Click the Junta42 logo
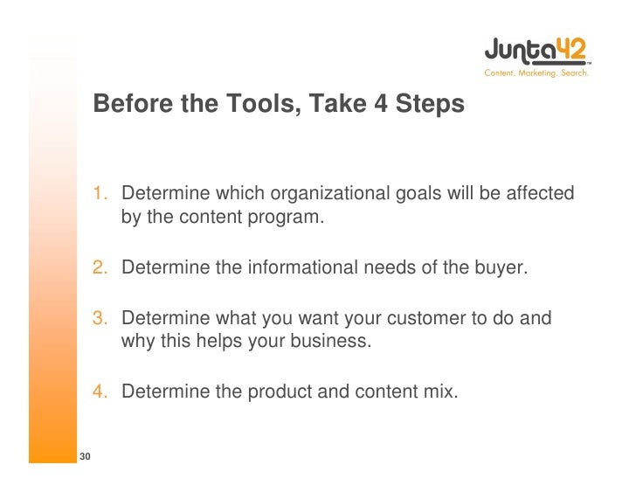(536, 51)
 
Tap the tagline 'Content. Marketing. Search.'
(536, 73)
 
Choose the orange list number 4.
(101, 392)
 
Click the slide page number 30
(86, 457)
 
